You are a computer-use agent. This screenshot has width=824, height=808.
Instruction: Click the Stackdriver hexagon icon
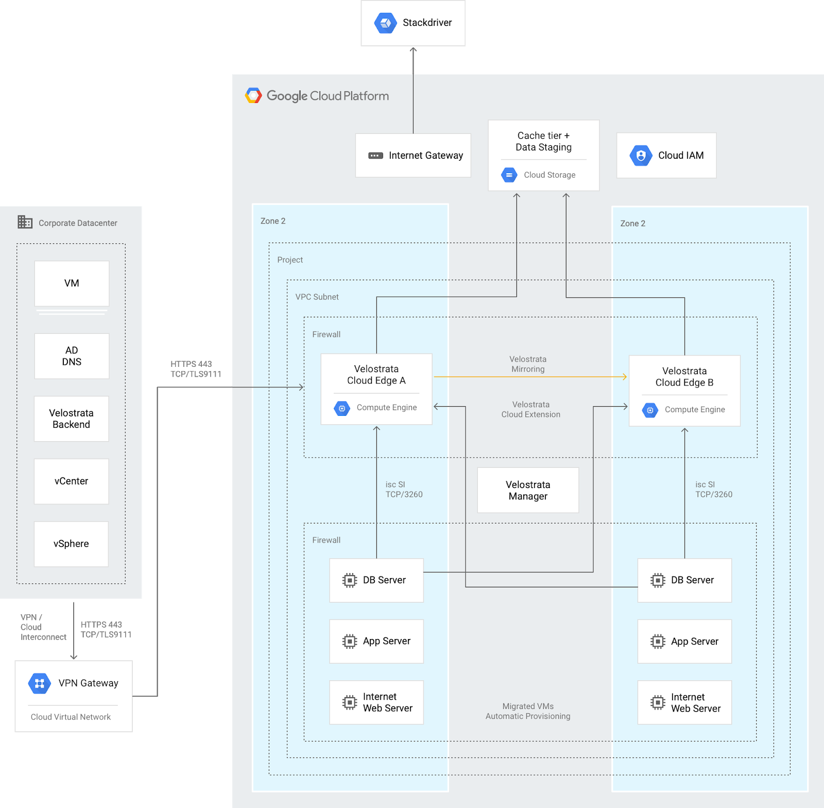coord(385,23)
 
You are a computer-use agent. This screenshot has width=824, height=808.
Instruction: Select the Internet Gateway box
coord(413,156)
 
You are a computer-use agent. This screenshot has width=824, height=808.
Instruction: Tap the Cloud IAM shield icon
coord(641,155)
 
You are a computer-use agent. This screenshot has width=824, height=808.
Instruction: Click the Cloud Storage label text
coord(550,175)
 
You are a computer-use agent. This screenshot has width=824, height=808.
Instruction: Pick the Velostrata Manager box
coord(528,490)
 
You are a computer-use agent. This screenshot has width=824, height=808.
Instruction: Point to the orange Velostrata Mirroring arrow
coord(530,377)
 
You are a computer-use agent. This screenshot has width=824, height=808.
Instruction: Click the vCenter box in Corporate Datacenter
coord(72,481)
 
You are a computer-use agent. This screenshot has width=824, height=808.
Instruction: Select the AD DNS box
coord(72,356)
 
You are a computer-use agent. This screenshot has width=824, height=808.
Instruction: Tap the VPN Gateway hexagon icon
coord(39,683)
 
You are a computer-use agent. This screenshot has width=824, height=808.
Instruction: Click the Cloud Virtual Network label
coord(71,717)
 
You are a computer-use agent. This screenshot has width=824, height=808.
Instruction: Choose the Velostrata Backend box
coord(72,418)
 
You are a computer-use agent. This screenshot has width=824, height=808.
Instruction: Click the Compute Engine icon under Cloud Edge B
coord(650,410)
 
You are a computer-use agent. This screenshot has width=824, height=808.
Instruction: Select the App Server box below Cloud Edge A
coord(376,641)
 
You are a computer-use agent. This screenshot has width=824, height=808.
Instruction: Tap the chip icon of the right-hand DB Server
coord(658,580)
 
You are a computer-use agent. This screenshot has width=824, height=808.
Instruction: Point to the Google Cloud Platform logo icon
coord(253,96)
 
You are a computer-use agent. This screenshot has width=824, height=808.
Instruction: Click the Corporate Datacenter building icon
coord(25,222)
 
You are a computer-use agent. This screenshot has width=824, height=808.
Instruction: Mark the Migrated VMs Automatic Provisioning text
coord(528,711)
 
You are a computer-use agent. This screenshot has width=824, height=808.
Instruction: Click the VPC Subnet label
coord(317,297)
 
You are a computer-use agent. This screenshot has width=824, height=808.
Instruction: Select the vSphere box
coord(72,544)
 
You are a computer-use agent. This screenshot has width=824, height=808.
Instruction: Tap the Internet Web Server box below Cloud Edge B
coord(684,702)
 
